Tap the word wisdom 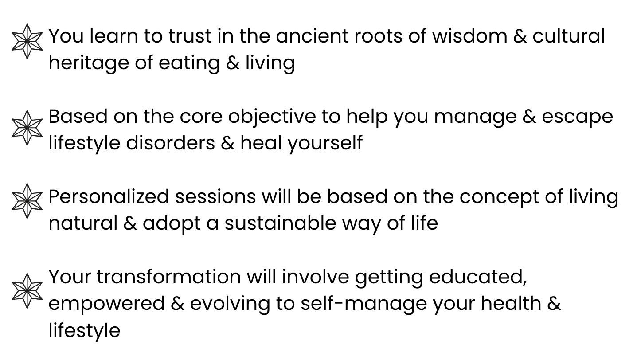pos(469,36)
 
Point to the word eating pos(189,63)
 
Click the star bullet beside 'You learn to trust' pos(27,41)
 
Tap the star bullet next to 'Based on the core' pos(27,128)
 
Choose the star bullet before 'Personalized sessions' pos(27,201)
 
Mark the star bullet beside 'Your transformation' pos(27,290)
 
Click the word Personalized pos(109,197)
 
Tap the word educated pos(478,277)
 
